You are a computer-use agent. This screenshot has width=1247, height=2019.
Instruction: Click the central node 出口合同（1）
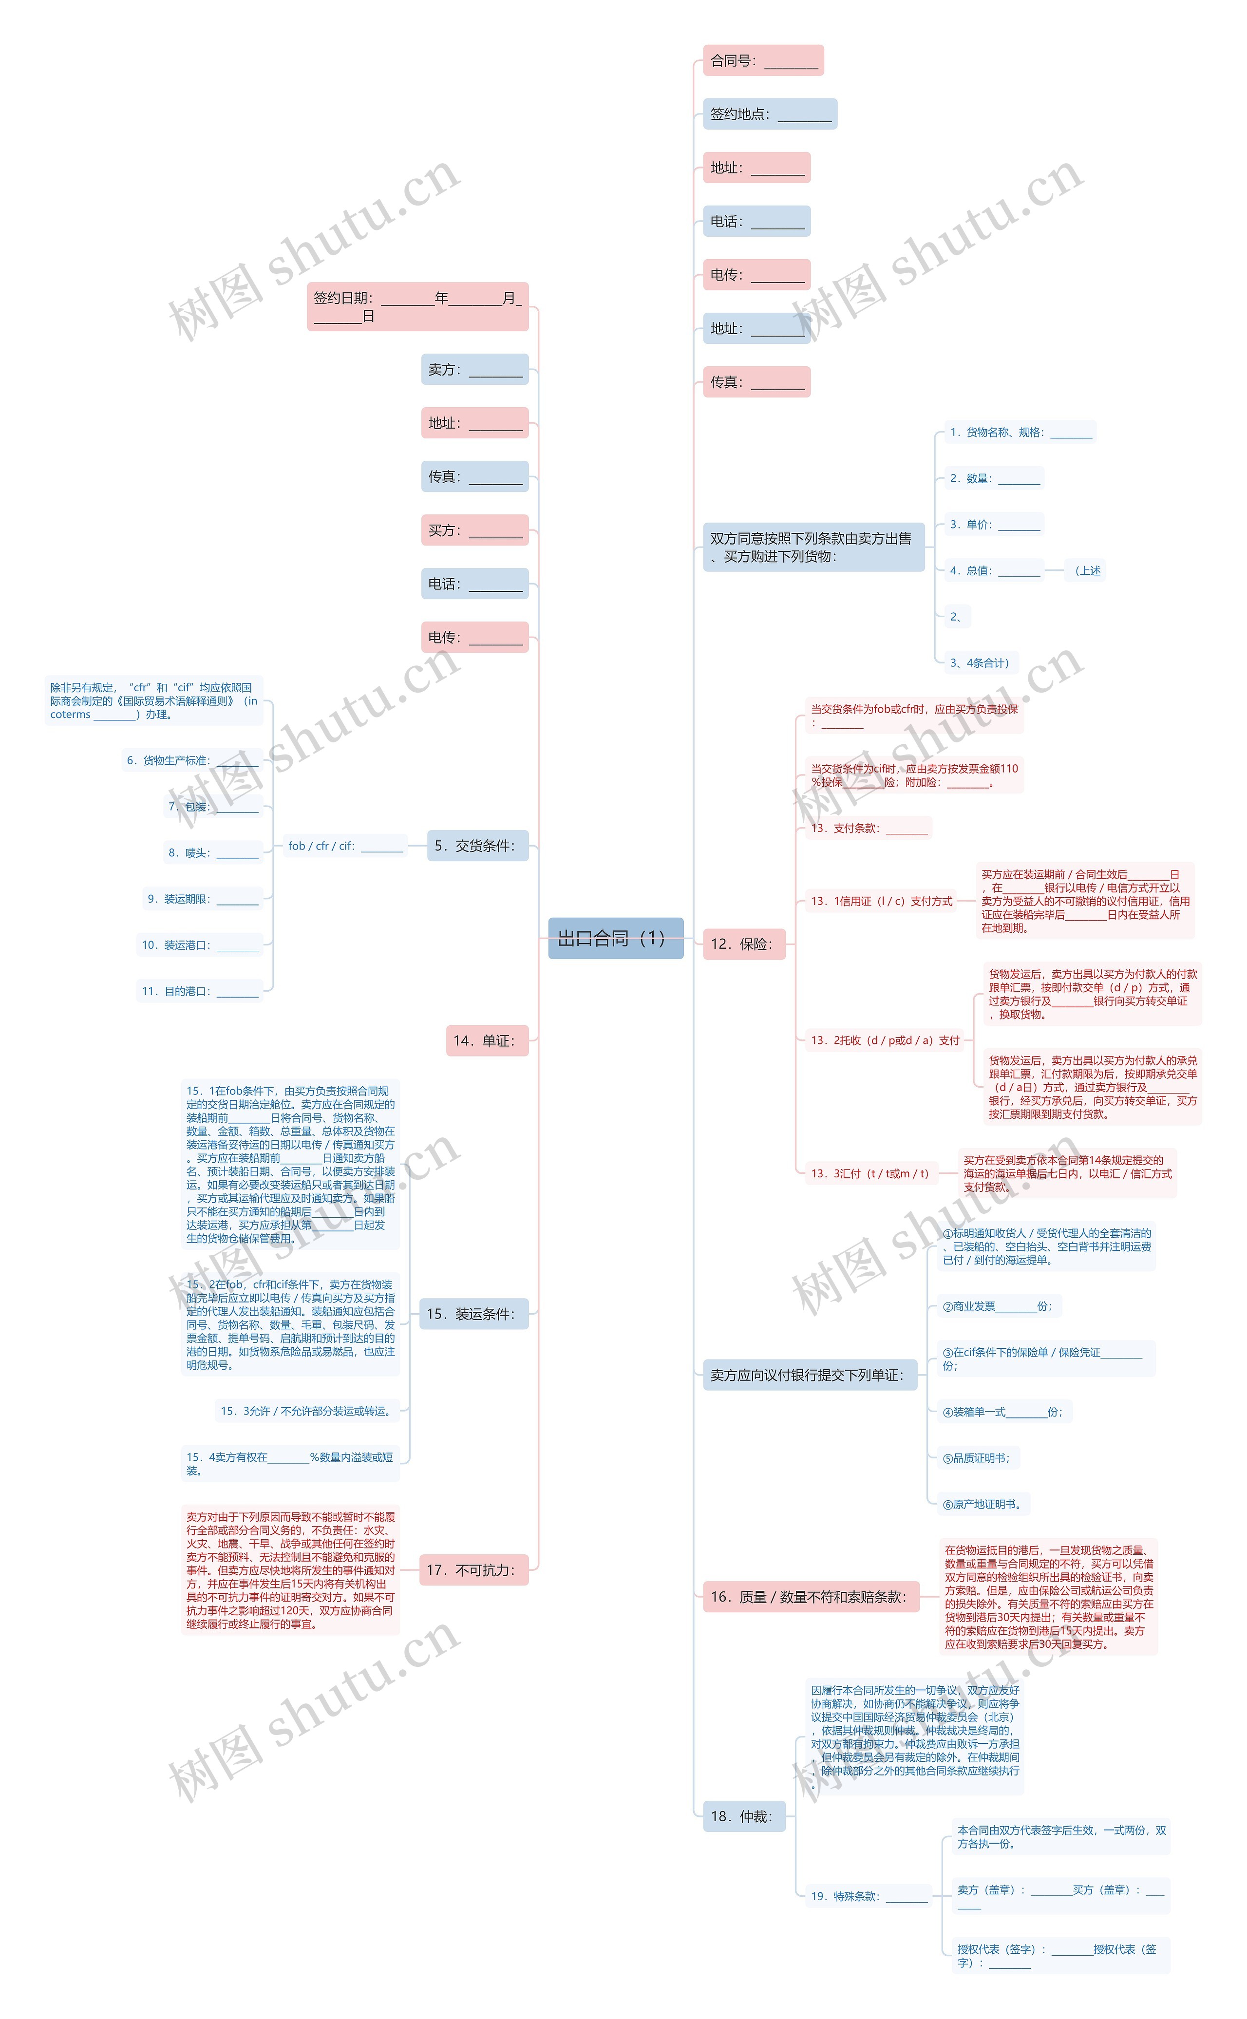point(615,938)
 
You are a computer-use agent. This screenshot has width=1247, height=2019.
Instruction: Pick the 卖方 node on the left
point(474,370)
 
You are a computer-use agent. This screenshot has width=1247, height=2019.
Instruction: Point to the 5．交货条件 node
point(477,846)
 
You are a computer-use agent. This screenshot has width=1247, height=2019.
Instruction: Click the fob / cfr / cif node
point(345,846)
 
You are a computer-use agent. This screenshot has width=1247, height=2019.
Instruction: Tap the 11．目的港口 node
point(200,991)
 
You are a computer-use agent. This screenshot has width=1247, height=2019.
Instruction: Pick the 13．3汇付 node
point(870,1173)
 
